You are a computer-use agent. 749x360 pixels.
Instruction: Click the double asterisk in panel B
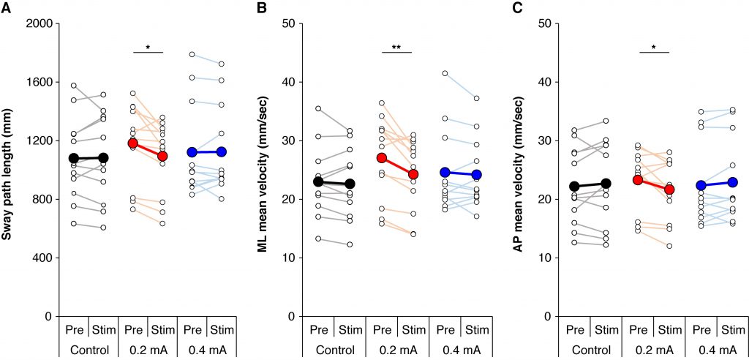(397, 46)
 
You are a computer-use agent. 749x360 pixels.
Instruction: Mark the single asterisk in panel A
(148, 47)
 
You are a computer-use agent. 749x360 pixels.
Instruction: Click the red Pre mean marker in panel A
(133, 143)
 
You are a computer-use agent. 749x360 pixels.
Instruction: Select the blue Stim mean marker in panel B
(475, 175)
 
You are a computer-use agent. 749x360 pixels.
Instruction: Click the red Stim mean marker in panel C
(670, 190)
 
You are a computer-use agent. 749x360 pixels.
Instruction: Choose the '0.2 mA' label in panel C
(655, 348)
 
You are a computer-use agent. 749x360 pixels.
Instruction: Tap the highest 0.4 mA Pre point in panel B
(445, 73)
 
